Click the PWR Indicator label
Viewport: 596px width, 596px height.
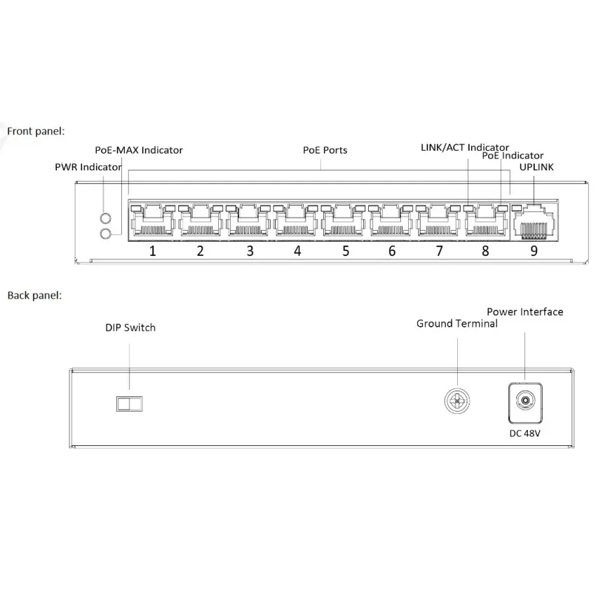(x=88, y=167)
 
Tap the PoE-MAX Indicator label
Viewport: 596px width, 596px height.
(x=139, y=150)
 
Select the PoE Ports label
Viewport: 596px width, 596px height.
(x=325, y=150)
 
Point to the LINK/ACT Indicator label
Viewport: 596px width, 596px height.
(x=464, y=147)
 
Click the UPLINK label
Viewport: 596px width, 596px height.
(x=536, y=168)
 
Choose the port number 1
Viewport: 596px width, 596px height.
(x=152, y=251)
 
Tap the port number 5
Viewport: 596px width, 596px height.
(x=345, y=251)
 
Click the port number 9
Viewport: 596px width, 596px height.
(x=534, y=251)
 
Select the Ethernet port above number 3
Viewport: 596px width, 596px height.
(x=248, y=222)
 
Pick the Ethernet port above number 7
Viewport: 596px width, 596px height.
(x=439, y=222)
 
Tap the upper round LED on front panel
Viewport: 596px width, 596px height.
(x=106, y=218)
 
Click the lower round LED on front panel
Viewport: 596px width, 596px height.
(x=106, y=233)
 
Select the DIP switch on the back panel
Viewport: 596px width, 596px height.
(x=129, y=402)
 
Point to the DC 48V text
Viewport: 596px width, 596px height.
(x=524, y=433)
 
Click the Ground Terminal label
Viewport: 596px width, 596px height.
(x=456, y=323)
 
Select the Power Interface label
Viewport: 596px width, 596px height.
(x=524, y=312)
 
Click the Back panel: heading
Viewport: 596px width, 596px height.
(x=34, y=295)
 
